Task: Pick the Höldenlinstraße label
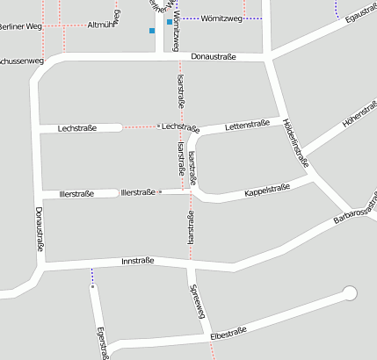click(298, 143)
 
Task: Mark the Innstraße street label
click(138, 262)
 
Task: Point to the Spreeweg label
click(197, 302)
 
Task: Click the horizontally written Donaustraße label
click(214, 56)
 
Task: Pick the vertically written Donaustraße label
click(39, 230)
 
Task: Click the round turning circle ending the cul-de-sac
click(350, 293)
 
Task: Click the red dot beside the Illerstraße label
click(160, 191)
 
